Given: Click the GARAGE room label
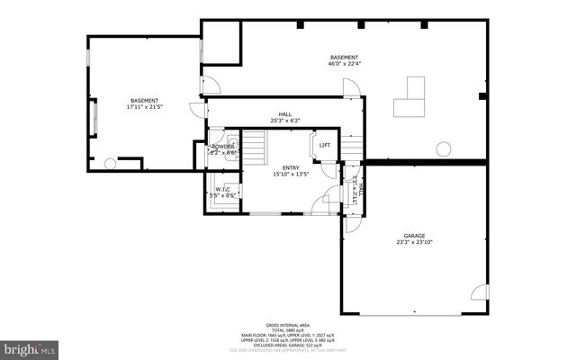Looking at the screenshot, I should click(x=415, y=236).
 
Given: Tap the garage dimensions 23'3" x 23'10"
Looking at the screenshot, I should click(x=415, y=242).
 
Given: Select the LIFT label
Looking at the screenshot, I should click(x=325, y=146).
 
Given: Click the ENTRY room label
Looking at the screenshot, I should click(x=291, y=167).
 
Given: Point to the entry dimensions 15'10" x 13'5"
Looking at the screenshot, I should click(x=291, y=175).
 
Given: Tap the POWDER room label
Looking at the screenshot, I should click(x=222, y=146).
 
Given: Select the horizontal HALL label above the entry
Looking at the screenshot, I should click(x=284, y=114).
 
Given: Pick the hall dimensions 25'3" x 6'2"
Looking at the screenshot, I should click(x=284, y=121).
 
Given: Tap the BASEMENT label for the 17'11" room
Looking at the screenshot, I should click(x=145, y=100).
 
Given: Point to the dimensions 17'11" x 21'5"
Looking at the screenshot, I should click(x=145, y=107).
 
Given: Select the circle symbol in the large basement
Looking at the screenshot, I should click(x=442, y=149).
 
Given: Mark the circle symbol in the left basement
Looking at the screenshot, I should click(x=111, y=164).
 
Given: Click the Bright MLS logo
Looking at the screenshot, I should click(x=30, y=346).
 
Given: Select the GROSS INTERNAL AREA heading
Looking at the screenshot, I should click(x=287, y=325).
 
